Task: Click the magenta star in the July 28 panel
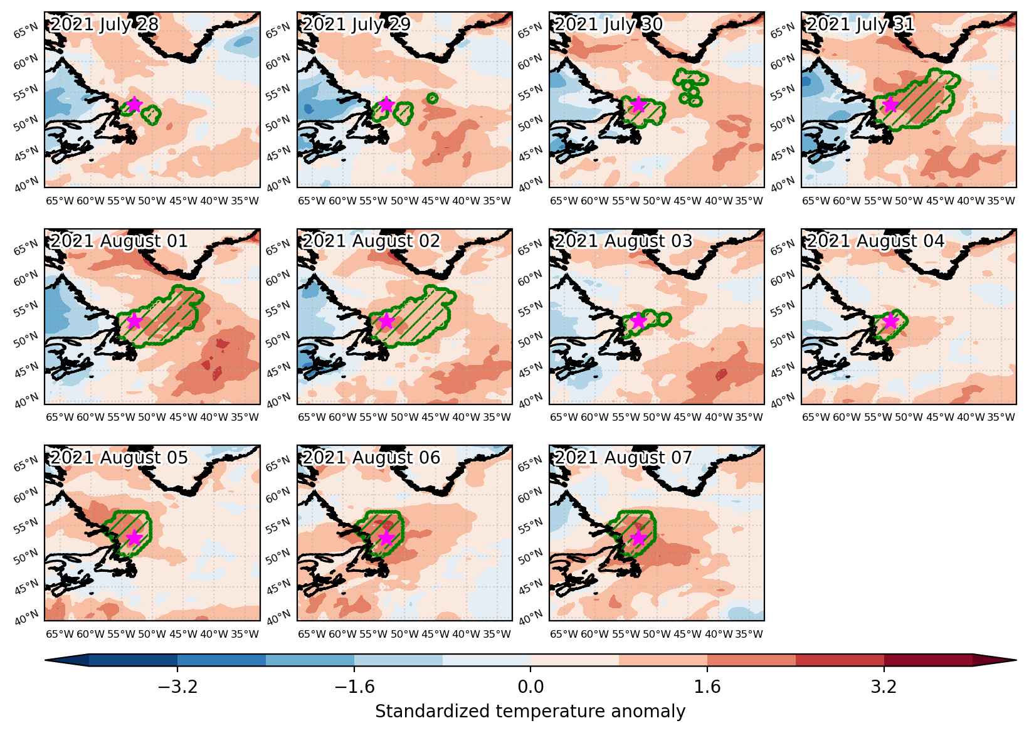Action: (134, 105)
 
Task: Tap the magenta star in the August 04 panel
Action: (890, 321)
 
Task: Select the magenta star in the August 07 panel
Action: (638, 538)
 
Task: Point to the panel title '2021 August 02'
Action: (371, 241)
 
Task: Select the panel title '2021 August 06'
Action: (371, 458)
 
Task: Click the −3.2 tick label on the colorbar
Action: (177, 687)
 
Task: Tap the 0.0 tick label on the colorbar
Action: (530, 687)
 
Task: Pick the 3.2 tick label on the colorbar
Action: (884, 687)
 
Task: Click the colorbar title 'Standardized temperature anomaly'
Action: (530, 712)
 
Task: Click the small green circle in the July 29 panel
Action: (432, 98)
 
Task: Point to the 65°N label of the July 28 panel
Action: (26, 31)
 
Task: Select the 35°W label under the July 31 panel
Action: (1001, 201)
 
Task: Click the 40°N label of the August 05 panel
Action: (26, 617)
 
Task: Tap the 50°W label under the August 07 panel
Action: (657, 635)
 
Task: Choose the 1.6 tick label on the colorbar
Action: (707, 687)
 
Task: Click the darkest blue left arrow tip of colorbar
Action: (45, 660)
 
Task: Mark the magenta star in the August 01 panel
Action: (134, 321)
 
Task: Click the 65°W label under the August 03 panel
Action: (564, 418)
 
